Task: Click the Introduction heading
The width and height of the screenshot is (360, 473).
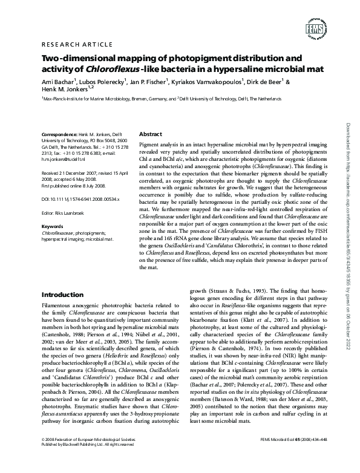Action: (63, 295)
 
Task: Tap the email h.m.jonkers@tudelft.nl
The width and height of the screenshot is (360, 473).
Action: (64, 161)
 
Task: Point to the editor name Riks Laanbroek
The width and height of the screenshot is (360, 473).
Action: (74, 212)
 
